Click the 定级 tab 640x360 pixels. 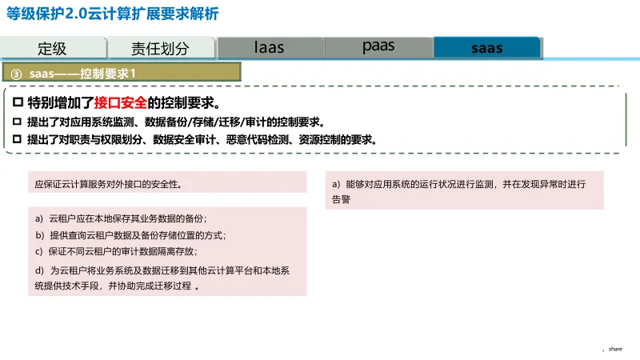click(53, 48)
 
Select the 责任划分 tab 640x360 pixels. click(160, 48)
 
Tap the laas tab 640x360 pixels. click(269, 47)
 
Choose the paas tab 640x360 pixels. click(378, 46)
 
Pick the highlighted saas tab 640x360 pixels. click(486, 48)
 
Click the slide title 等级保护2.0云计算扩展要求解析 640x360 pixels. click(112, 14)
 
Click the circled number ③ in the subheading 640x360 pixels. click(16, 73)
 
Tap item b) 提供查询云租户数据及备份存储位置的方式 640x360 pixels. click(130, 235)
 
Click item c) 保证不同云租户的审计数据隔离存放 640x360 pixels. click(117, 251)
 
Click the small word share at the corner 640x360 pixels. click(615, 349)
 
